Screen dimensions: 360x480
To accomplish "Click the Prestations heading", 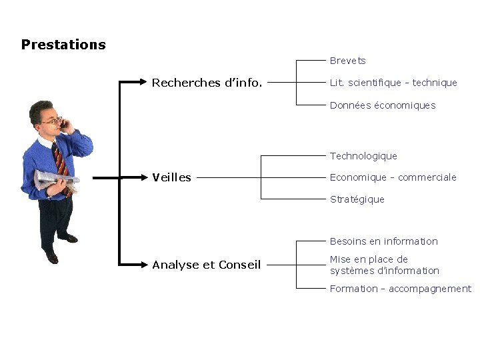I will click(x=63, y=45).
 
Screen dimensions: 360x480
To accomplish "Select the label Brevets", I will click(x=347, y=61).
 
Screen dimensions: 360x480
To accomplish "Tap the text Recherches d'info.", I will click(x=207, y=83).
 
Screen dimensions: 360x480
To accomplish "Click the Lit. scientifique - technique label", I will click(x=393, y=83).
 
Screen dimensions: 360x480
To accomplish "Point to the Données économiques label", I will click(x=382, y=105).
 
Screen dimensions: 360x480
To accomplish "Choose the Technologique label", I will click(x=363, y=156).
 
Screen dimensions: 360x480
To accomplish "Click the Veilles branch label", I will click(x=171, y=177).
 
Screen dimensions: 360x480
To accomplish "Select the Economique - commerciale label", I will click(x=393, y=177).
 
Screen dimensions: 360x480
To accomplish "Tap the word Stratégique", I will click(x=357, y=199).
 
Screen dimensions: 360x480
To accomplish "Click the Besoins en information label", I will click(x=383, y=241).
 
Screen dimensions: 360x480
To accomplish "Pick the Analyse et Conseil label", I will click(x=206, y=265).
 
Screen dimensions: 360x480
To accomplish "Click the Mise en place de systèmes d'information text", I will click(x=384, y=265).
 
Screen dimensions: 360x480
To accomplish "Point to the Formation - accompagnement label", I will click(x=400, y=289).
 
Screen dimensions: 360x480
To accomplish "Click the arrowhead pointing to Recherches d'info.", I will click(x=143, y=82).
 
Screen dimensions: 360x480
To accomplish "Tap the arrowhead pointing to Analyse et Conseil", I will click(x=143, y=265).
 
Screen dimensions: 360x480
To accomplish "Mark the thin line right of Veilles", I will click(x=227, y=178).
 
